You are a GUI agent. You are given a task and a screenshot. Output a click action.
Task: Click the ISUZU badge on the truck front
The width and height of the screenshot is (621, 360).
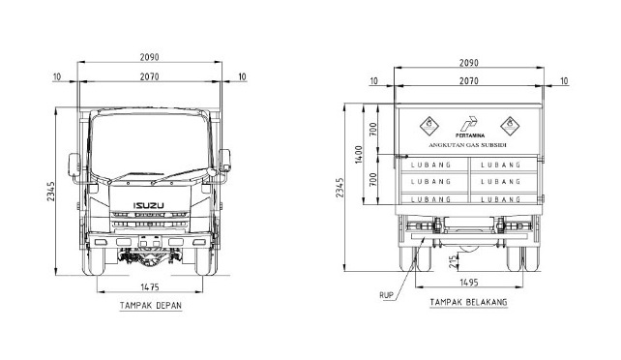click(149, 205)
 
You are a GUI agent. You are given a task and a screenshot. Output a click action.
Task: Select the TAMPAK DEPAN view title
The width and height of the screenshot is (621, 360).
click(151, 306)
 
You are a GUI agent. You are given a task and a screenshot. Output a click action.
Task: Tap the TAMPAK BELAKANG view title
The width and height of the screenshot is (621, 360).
click(468, 303)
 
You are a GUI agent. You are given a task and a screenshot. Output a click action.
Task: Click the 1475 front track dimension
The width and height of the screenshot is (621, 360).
click(150, 287)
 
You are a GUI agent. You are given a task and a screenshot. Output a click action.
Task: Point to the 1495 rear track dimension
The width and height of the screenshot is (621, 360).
click(469, 283)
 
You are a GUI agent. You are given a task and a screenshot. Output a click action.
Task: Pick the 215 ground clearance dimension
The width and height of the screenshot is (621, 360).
click(453, 262)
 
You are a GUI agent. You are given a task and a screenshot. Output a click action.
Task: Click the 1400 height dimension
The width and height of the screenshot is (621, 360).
click(359, 154)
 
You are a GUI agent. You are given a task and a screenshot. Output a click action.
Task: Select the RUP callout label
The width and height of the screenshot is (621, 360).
click(386, 295)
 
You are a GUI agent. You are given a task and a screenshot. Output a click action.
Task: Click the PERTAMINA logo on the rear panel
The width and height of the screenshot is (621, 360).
click(470, 127)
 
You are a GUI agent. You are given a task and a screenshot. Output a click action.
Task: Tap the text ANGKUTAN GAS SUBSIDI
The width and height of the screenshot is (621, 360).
click(467, 145)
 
